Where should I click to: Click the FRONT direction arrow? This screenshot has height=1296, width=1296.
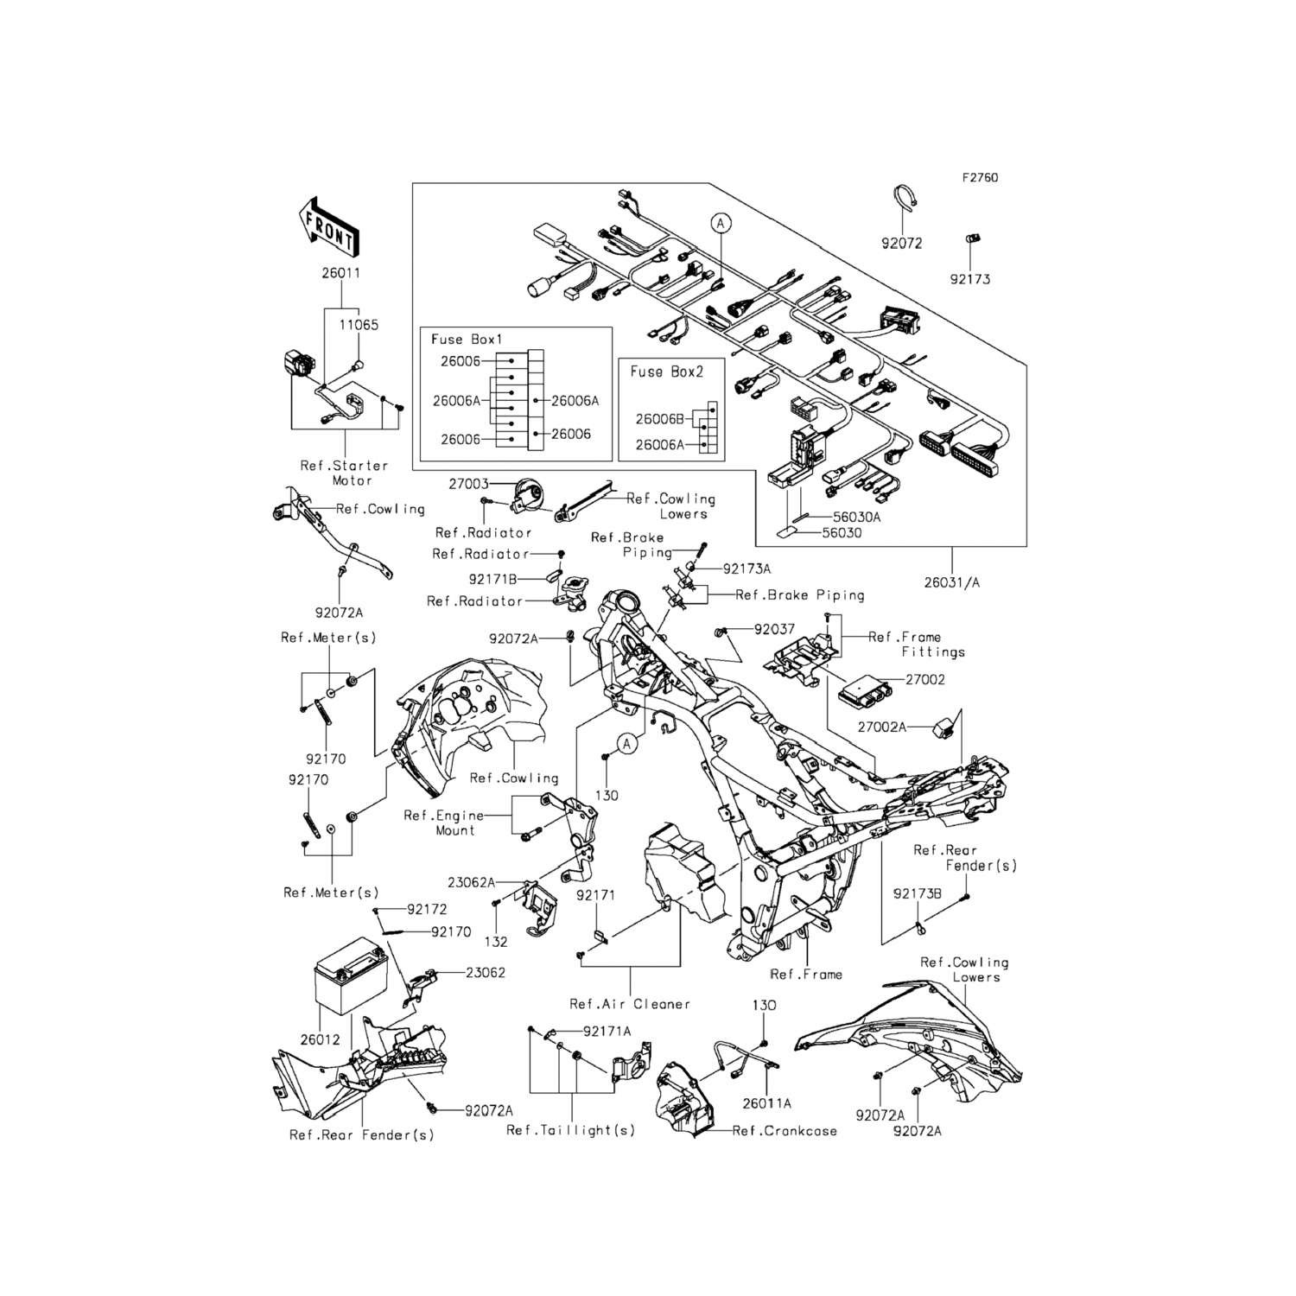pyautogui.click(x=328, y=227)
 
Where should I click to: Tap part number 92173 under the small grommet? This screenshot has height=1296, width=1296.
pyautogui.click(x=969, y=279)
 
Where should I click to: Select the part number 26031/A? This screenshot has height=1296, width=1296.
pyautogui.click(x=951, y=582)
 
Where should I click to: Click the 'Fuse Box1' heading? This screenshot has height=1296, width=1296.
pyautogui.click(x=467, y=340)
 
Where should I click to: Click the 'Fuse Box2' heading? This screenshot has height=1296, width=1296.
pyautogui.click(x=666, y=372)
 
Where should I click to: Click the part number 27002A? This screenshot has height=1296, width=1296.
pyautogui.click(x=882, y=727)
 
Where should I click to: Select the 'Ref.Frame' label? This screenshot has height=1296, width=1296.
pyautogui.click(x=805, y=974)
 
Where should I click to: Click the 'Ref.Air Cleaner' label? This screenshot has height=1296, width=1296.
pyautogui.click(x=630, y=1004)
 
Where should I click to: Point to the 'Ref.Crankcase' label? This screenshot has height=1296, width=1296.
pyautogui.click(x=785, y=1130)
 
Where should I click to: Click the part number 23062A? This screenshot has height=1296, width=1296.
pyautogui.click(x=472, y=882)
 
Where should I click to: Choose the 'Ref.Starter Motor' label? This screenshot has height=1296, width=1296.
pyautogui.click(x=345, y=473)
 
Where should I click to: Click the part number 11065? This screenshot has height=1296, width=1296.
pyautogui.click(x=358, y=325)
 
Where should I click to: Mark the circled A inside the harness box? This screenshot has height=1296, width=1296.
pyautogui.click(x=721, y=223)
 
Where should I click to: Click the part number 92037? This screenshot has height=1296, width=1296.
pyautogui.click(x=774, y=630)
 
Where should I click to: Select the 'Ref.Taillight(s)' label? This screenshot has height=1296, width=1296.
pyautogui.click(x=570, y=1130)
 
